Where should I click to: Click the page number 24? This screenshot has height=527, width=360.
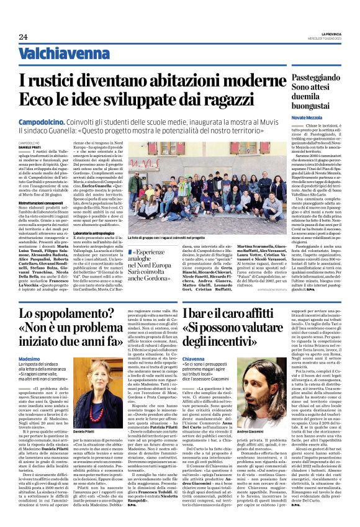(x=24, y=37)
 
